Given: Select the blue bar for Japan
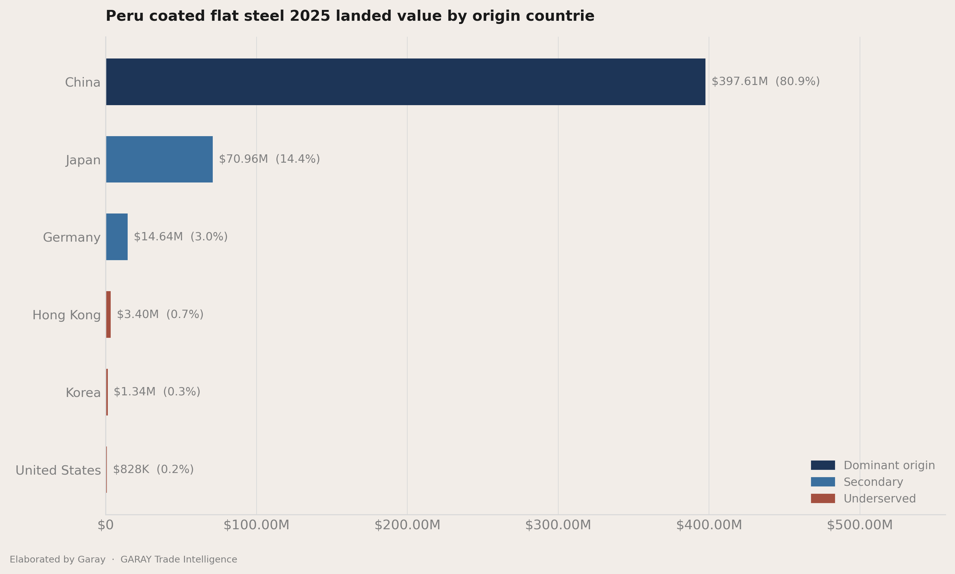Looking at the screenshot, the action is tap(160, 159).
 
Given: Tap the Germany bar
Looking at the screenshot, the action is tap(117, 237).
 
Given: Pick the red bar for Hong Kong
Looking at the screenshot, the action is tap(108, 314).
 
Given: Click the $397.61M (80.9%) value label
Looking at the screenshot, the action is tap(766, 81).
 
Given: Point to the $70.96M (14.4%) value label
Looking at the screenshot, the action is tap(269, 159).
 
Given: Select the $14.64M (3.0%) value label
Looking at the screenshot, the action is tap(181, 237).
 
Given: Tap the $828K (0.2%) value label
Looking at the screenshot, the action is tap(153, 469).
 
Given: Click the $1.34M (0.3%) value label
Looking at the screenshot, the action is tap(157, 392).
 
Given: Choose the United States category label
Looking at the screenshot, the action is tap(58, 470).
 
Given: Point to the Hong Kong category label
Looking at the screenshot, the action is tap(67, 315).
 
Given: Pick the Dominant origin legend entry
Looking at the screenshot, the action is tap(873, 465).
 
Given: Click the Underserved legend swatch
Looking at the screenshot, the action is tap(823, 499).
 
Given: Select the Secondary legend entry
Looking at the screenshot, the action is tap(857, 482).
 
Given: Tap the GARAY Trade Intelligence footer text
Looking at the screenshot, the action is tap(179, 560).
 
